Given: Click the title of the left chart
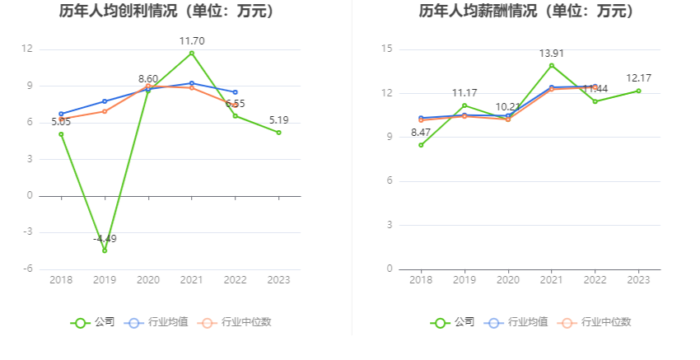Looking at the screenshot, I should pyautogui.click(x=167, y=12).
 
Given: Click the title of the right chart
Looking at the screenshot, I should pyautogui.click(x=527, y=12).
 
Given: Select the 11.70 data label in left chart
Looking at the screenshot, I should pyautogui.click(x=192, y=40).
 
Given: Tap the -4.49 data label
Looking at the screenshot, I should pyautogui.click(x=105, y=239).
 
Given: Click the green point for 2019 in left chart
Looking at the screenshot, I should pyautogui.click(x=105, y=250).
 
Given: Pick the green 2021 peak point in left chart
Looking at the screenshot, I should pyautogui.click(x=192, y=53).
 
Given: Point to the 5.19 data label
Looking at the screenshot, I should pyautogui.click(x=278, y=120).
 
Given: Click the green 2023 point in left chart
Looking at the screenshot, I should pyautogui.click(x=279, y=133).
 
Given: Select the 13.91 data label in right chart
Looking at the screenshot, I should pyautogui.click(x=552, y=54).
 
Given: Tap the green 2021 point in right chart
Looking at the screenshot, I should pyautogui.click(x=552, y=65).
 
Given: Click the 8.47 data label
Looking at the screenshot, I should pyautogui.click(x=421, y=133).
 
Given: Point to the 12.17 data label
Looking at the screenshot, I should pyautogui.click(x=639, y=78).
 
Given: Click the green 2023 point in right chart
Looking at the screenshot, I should pyautogui.click(x=639, y=91).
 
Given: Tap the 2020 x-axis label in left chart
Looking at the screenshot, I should pyautogui.click(x=148, y=280).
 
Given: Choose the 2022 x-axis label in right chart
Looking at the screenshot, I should pyautogui.click(x=595, y=280).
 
